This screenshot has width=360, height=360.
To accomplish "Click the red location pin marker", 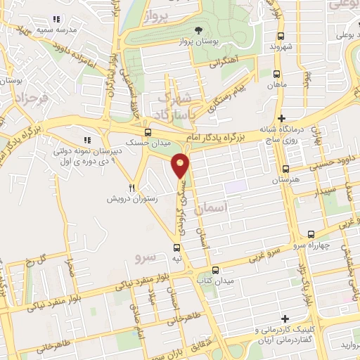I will (181, 165).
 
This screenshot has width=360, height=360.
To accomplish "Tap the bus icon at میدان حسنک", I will (147, 132).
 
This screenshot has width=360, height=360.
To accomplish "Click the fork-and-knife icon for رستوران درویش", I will (131, 188).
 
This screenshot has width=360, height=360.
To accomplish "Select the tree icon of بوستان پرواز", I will (199, 30).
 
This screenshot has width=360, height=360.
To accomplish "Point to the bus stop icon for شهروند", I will (281, 36).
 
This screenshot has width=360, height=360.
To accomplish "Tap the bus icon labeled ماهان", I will (274, 73).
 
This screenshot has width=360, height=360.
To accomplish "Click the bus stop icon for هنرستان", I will (285, 169).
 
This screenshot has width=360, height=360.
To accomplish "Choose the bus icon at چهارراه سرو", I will (309, 235).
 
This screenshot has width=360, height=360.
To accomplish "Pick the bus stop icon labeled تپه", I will (176, 247).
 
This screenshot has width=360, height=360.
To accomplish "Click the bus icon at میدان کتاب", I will (215, 270).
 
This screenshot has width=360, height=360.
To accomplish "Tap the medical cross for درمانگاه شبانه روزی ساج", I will (282, 118).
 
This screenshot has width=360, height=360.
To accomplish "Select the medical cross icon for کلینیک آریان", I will (285, 319).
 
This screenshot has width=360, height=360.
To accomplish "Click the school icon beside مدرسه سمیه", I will (56, 18).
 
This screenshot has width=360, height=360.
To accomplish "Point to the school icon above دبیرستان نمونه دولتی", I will (88, 139).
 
